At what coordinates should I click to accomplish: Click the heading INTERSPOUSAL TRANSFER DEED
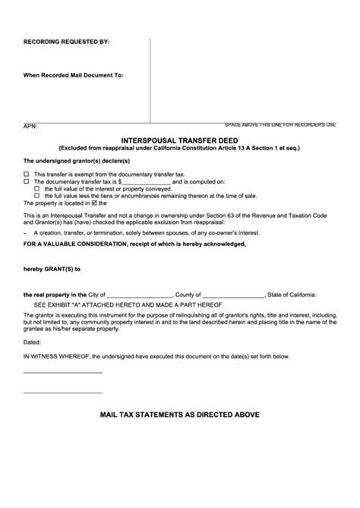tap(180, 140)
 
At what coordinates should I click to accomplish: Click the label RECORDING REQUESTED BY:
tap(67, 42)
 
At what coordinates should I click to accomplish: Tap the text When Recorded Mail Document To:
tap(74, 76)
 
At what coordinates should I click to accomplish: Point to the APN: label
tap(30, 126)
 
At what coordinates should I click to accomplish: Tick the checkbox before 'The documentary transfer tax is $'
tap(27, 181)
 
